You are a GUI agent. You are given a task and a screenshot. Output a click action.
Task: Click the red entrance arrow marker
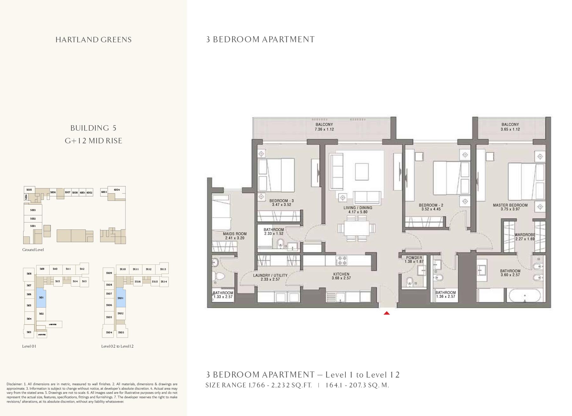click(x=386, y=313)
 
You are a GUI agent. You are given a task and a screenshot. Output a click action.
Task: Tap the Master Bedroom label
click(x=510, y=205)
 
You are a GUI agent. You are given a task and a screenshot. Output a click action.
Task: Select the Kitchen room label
click(x=341, y=274)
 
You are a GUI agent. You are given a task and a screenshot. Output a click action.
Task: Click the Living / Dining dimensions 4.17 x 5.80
click(x=358, y=212)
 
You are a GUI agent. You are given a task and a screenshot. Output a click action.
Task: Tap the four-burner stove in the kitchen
click(x=342, y=261)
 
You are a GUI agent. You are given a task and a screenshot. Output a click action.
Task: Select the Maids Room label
click(x=235, y=234)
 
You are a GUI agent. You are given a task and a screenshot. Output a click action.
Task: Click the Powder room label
click(x=414, y=258)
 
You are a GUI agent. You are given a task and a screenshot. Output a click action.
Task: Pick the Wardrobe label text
click(x=525, y=235)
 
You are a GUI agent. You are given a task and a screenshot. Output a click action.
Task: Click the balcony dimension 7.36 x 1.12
click(x=324, y=129)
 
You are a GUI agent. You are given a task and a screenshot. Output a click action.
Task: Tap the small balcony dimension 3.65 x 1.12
click(x=510, y=129)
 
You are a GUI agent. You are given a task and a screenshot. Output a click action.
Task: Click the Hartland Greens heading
click(x=93, y=40)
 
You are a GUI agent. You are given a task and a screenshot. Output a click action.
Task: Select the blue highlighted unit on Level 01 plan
click(x=41, y=297)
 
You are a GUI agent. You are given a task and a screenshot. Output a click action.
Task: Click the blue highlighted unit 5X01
click(x=121, y=298)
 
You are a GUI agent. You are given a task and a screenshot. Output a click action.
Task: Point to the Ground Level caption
click(x=33, y=250)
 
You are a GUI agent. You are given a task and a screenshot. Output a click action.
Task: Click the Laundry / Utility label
click(x=270, y=276)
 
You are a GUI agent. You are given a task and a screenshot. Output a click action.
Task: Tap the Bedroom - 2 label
click(x=431, y=205)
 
